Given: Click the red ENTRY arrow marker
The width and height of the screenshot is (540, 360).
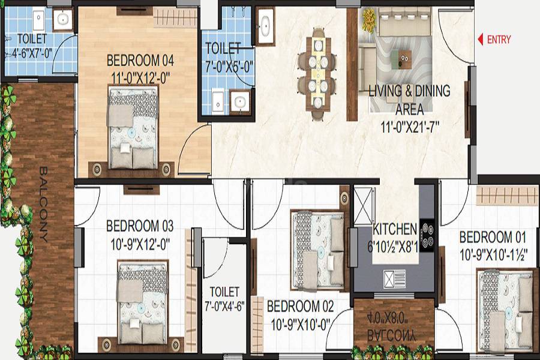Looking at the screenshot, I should click(481, 40).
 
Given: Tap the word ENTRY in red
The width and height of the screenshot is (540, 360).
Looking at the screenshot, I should click(499, 40).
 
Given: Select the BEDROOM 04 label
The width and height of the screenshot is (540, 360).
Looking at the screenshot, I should click(140, 61).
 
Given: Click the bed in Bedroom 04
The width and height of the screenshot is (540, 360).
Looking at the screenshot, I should click(133, 128).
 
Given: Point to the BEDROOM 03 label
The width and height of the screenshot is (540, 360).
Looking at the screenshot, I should click(139, 226).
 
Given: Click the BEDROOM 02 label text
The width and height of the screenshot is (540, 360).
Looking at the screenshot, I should click(299, 307).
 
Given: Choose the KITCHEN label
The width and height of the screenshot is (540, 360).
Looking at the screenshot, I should click(394, 229).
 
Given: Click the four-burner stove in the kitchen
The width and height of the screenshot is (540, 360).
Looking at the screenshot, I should click(427, 235).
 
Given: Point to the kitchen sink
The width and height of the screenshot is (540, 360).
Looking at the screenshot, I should click(388, 279).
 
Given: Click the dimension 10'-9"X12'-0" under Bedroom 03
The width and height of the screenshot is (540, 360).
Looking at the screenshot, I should click(139, 244).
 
